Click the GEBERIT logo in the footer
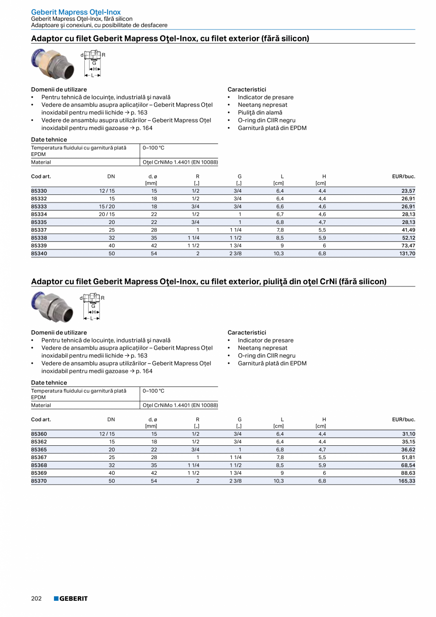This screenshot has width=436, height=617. [x=71, y=599]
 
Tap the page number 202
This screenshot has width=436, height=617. [x=36, y=599]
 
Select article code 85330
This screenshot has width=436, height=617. [x=39, y=191]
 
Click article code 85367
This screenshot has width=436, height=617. [x=39, y=457]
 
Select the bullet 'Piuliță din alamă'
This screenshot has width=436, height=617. [x=260, y=112]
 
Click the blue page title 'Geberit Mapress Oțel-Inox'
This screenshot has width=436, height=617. [x=76, y=12]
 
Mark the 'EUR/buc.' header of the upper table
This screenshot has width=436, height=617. [x=403, y=176]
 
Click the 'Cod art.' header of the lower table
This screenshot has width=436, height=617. [x=41, y=419]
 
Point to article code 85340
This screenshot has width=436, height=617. [x=39, y=253]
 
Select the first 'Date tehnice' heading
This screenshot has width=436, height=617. [x=49, y=139]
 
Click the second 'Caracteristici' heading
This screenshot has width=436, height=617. [x=247, y=332]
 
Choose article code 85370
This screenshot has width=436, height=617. [x=39, y=481]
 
